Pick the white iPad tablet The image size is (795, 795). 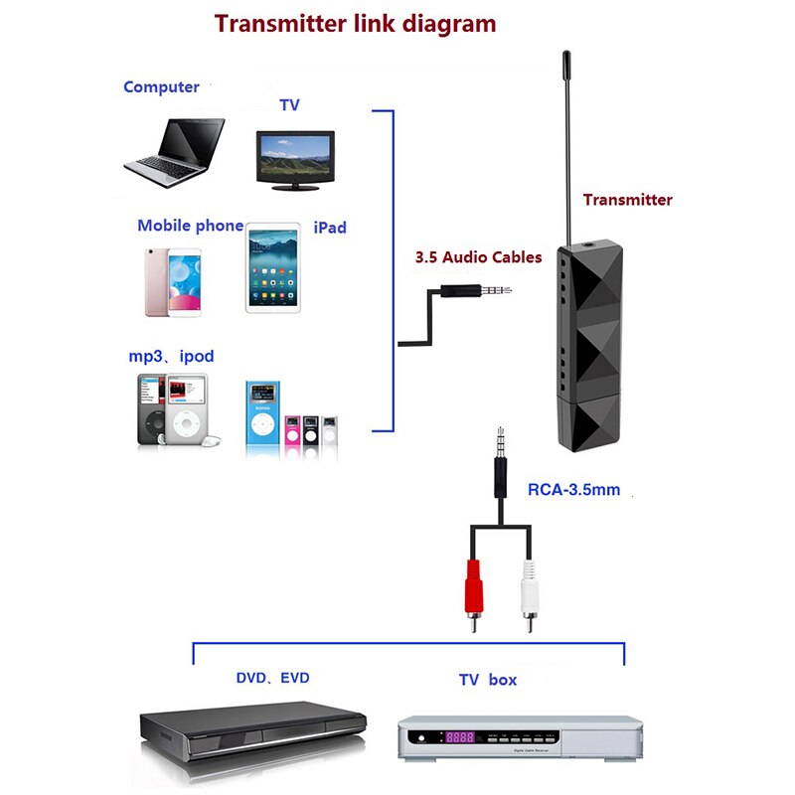(x=272, y=268)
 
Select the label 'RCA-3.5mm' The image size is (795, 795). (x=573, y=490)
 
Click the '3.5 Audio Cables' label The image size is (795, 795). (x=478, y=257)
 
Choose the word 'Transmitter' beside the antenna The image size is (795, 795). (x=627, y=200)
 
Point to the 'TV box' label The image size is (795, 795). (x=487, y=681)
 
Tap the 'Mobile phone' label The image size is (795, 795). (x=190, y=226)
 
